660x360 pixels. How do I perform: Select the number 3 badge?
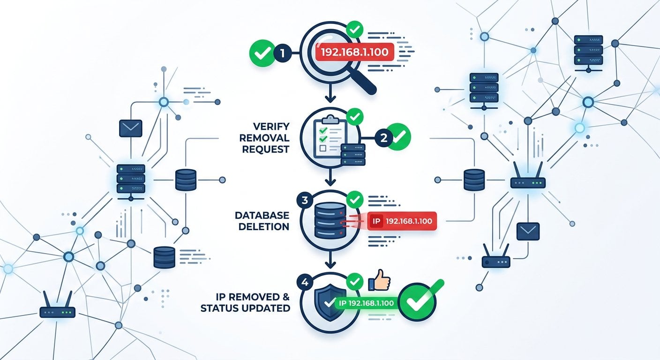[305, 200]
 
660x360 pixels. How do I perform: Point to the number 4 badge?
[305, 283]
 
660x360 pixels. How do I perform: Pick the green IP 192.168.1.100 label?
[366, 302]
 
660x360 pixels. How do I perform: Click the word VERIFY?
[271, 127]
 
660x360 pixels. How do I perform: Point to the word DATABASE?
[262, 215]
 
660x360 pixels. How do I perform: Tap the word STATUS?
[221, 308]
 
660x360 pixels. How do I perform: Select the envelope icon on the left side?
[130, 128]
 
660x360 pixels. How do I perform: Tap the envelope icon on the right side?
[528, 231]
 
